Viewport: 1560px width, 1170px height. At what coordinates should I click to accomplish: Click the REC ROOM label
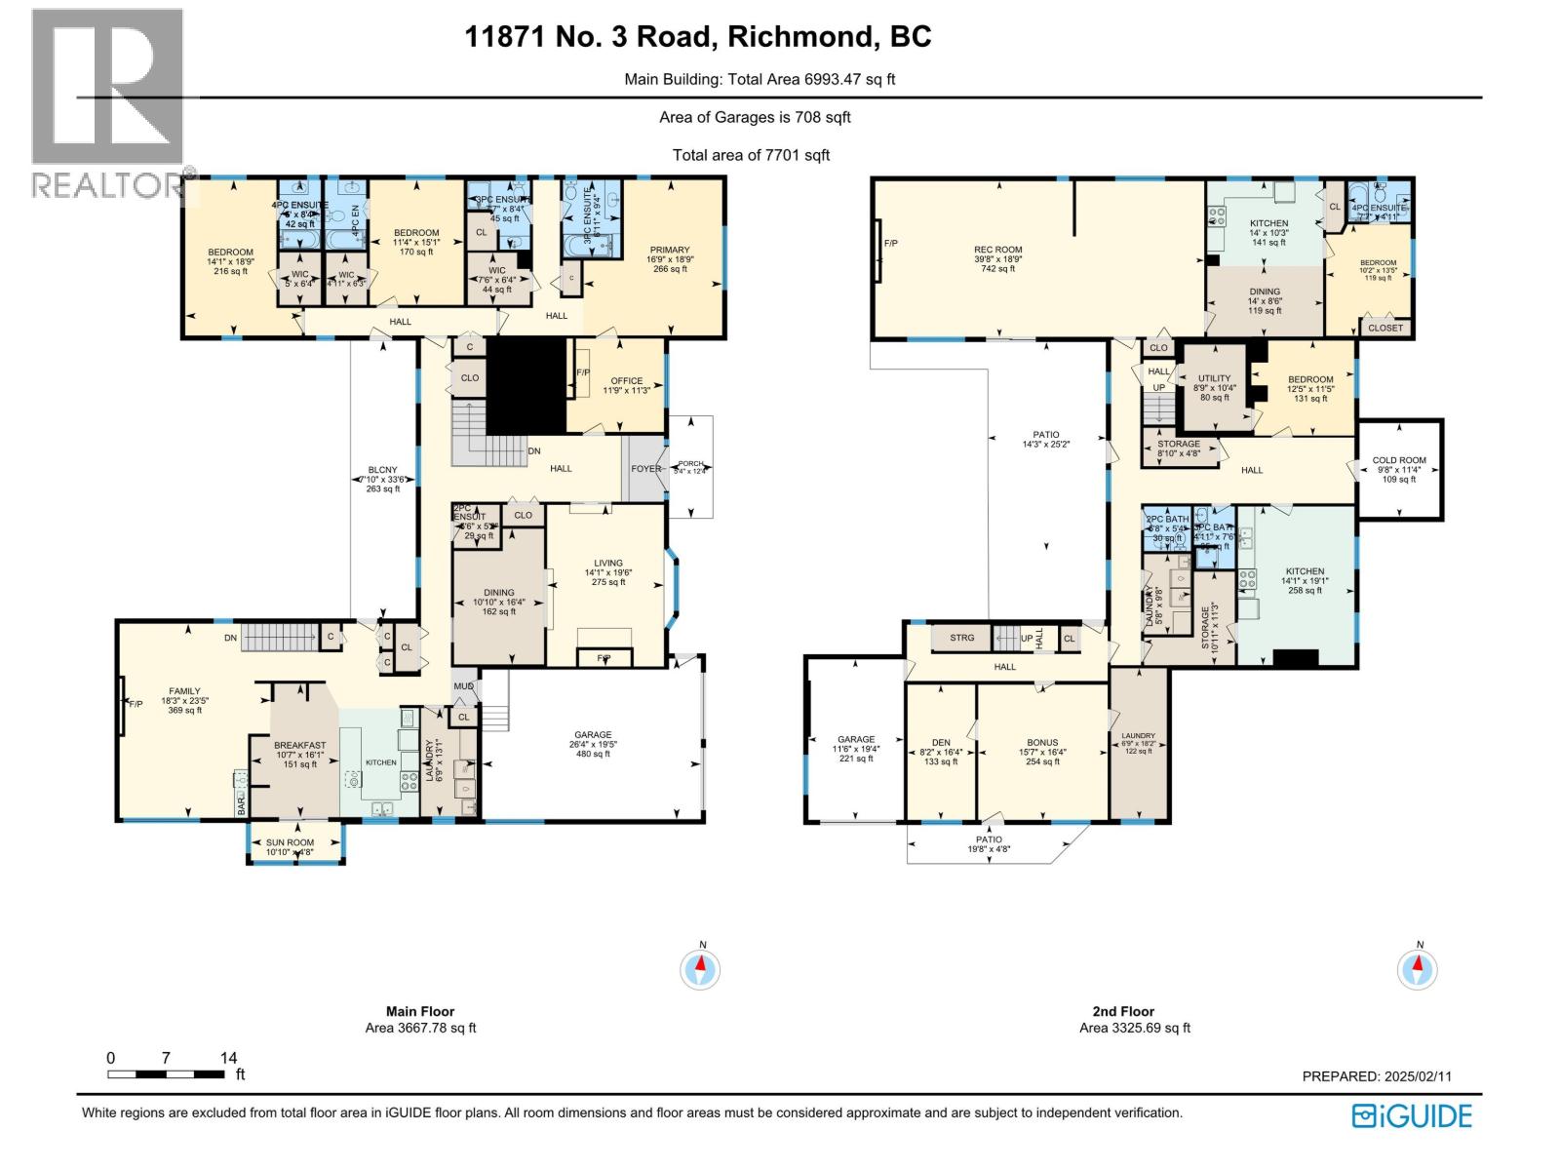coord(997,250)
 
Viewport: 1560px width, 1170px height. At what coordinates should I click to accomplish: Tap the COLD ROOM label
coord(1398,460)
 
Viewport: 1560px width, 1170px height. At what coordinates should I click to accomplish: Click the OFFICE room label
coord(626,381)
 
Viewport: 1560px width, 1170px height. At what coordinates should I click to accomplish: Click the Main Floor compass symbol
coord(700,969)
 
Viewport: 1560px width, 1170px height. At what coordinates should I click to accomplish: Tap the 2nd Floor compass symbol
coord(1418,969)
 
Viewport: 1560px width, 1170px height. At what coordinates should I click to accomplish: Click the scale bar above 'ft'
coord(166,1073)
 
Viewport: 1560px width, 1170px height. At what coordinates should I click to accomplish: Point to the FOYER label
coord(644,468)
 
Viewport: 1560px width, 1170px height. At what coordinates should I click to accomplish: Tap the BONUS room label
coord(1041,743)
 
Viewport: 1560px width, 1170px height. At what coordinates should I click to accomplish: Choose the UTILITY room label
coord(1214,378)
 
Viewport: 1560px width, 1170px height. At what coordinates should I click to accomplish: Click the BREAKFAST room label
coord(299,745)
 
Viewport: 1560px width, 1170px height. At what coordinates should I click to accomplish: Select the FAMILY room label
coord(184,690)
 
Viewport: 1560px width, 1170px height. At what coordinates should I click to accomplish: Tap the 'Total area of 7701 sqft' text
coord(751,155)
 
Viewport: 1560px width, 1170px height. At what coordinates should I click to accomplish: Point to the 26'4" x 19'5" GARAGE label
coord(592,735)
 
